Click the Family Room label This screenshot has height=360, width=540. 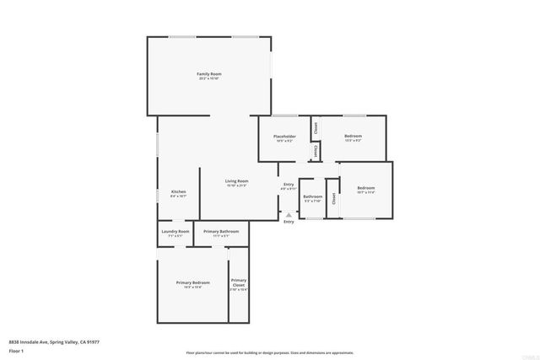(208, 74)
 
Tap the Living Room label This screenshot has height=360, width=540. (236, 181)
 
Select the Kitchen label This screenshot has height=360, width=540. (179, 191)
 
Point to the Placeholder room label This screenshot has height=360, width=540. (283, 136)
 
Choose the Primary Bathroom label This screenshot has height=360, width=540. (221, 231)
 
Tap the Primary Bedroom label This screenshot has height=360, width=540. (192, 282)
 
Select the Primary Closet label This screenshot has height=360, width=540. (239, 282)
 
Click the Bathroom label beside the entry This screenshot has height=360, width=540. (312, 196)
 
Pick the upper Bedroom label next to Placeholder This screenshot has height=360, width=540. (353, 136)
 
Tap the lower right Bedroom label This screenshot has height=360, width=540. (365, 188)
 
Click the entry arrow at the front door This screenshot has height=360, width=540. (289, 213)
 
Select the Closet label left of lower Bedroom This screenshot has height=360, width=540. (334, 199)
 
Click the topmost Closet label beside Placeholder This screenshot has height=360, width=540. (316, 128)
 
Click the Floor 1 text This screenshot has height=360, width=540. (16, 350)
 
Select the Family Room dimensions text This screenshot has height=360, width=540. (208, 79)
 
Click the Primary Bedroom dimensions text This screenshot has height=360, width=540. (192, 287)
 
